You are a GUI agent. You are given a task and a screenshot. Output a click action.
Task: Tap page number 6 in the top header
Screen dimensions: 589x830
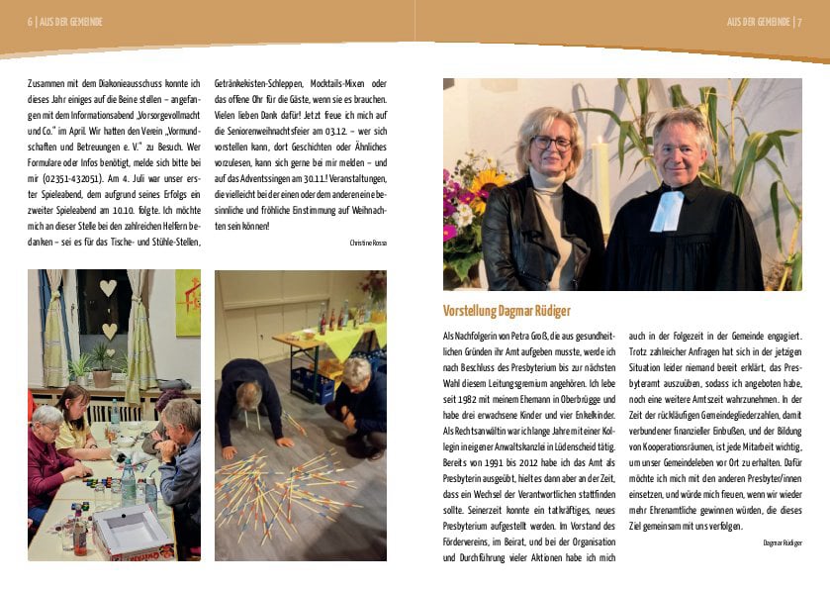click(31, 22)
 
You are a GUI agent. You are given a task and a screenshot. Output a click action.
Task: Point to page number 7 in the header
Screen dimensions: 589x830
click(797, 22)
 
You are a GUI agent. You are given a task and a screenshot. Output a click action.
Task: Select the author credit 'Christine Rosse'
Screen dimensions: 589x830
click(367, 242)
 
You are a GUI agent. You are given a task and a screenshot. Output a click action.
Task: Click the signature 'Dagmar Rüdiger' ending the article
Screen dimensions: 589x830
click(782, 542)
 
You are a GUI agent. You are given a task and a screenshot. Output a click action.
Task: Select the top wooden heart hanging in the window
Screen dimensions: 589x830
click(108, 288)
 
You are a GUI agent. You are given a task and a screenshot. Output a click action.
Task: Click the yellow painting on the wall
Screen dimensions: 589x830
click(187, 302)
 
